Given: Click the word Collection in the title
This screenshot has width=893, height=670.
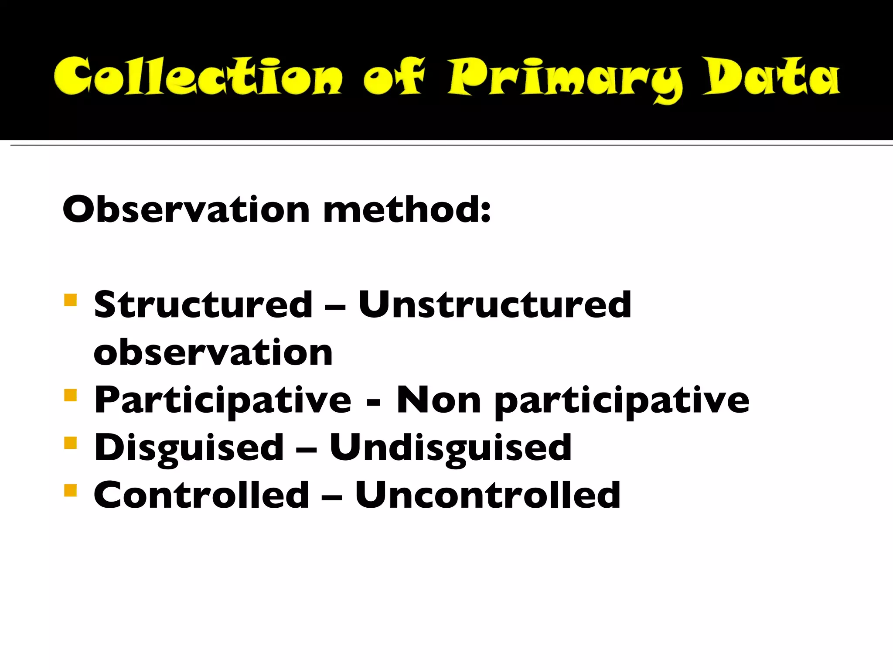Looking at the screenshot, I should pyautogui.click(x=198, y=77).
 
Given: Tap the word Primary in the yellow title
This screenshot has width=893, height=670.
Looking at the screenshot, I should pyautogui.click(x=565, y=79).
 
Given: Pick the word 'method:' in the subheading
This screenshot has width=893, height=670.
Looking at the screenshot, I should pyautogui.click(x=407, y=209).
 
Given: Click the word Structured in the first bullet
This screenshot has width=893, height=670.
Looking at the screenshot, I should pyautogui.click(x=203, y=304).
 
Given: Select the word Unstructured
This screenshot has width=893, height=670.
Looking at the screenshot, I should pyautogui.click(x=494, y=304).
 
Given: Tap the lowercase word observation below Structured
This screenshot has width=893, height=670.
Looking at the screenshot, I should pyautogui.click(x=213, y=352).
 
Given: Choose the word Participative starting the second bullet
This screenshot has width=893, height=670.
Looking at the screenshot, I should pyautogui.click(x=223, y=400).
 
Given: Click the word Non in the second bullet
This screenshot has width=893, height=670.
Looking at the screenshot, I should pyautogui.click(x=439, y=400).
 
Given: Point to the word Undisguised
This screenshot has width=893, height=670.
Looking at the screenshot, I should pyautogui.click(x=450, y=448).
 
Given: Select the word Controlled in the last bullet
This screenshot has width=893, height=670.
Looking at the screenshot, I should pyautogui.click(x=201, y=495).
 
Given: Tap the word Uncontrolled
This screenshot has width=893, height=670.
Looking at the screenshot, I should pyautogui.click(x=488, y=495).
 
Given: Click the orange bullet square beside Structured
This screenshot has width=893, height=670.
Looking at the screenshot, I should pyautogui.click(x=70, y=301).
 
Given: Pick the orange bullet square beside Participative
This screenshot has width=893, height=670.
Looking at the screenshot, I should pyautogui.click(x=70, y=396).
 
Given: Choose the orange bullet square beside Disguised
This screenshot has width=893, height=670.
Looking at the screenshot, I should pyautogui.click(x=70, y=443).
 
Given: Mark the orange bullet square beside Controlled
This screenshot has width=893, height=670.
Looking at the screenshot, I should pyautogui.click(x=70, y=491).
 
